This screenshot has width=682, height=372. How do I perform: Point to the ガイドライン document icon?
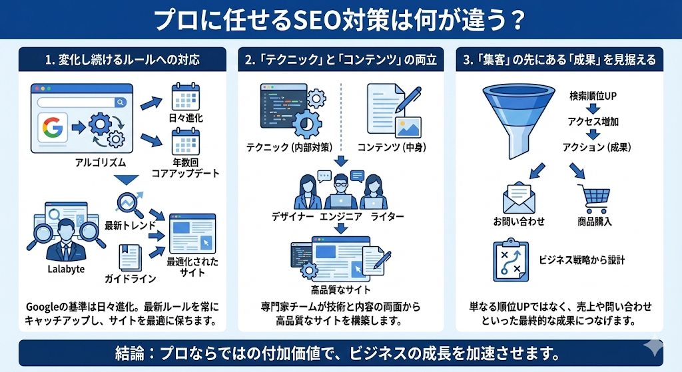[x=130, y=258]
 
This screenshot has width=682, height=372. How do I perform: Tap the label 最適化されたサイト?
[x=192, y=268]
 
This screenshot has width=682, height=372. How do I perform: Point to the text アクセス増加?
[x=593, y=122]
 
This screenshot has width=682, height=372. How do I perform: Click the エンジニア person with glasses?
[x=341, y=190]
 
